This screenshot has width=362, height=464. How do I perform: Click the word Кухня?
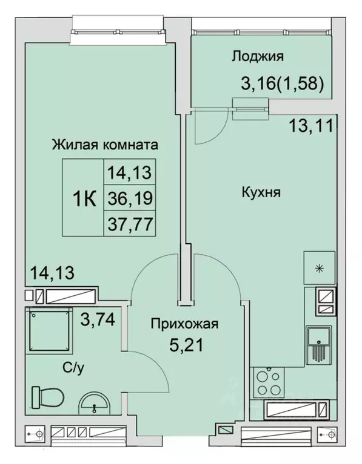260,193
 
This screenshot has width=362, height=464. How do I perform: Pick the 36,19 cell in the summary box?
129,198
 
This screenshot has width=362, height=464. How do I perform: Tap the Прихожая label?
184,324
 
